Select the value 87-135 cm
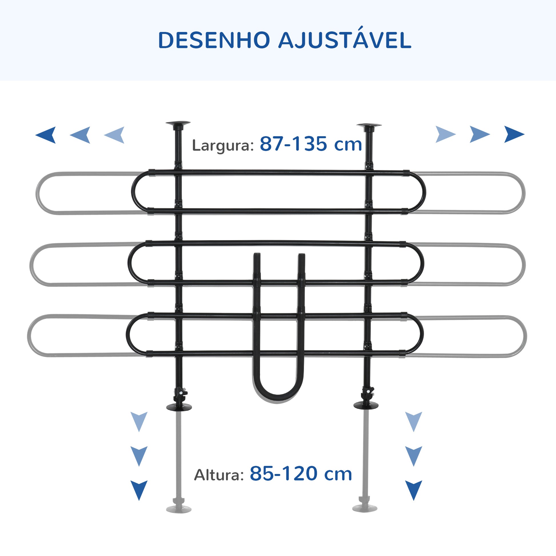pyautogui.click(x=311, y=144)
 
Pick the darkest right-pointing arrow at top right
pyautogui.click(x=514, y=134)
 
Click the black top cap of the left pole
pyautogui.click(x=178, y=124)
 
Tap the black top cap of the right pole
pyautogui.click(x=369, y=126)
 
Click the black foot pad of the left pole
pyautogui.click(x=179, y=407)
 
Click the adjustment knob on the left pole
pyautogui.click(x=181, y=393)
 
